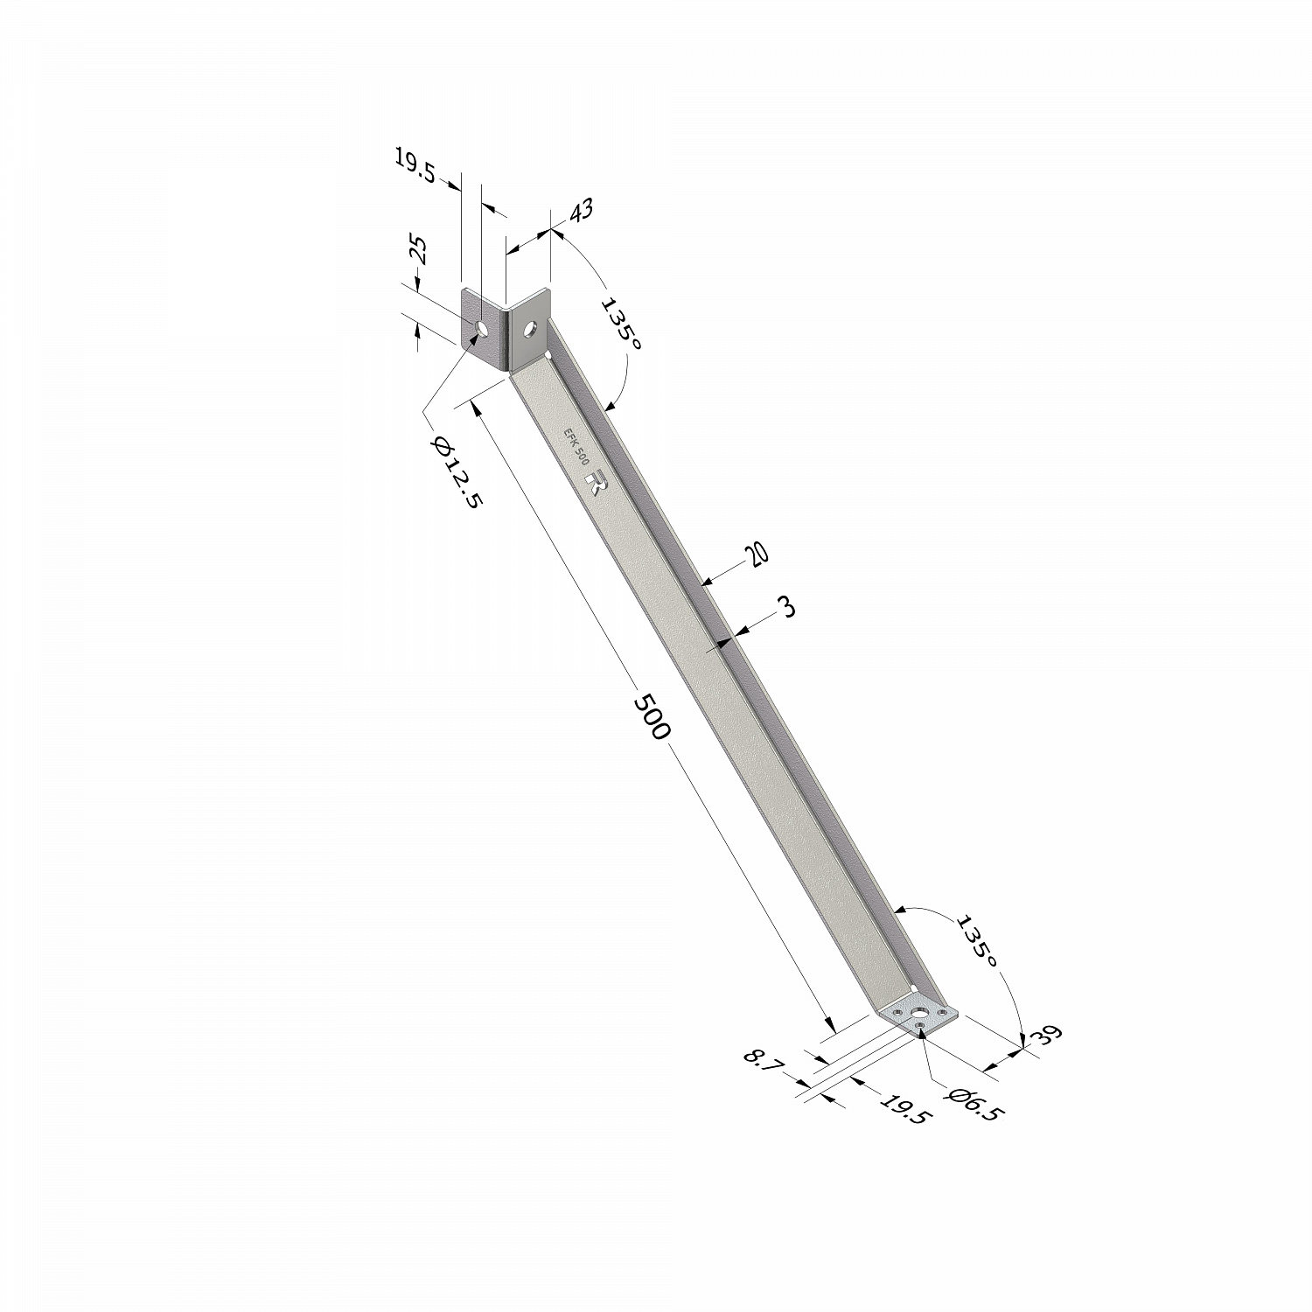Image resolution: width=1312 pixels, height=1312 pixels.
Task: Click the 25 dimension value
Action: click(420, 251)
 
